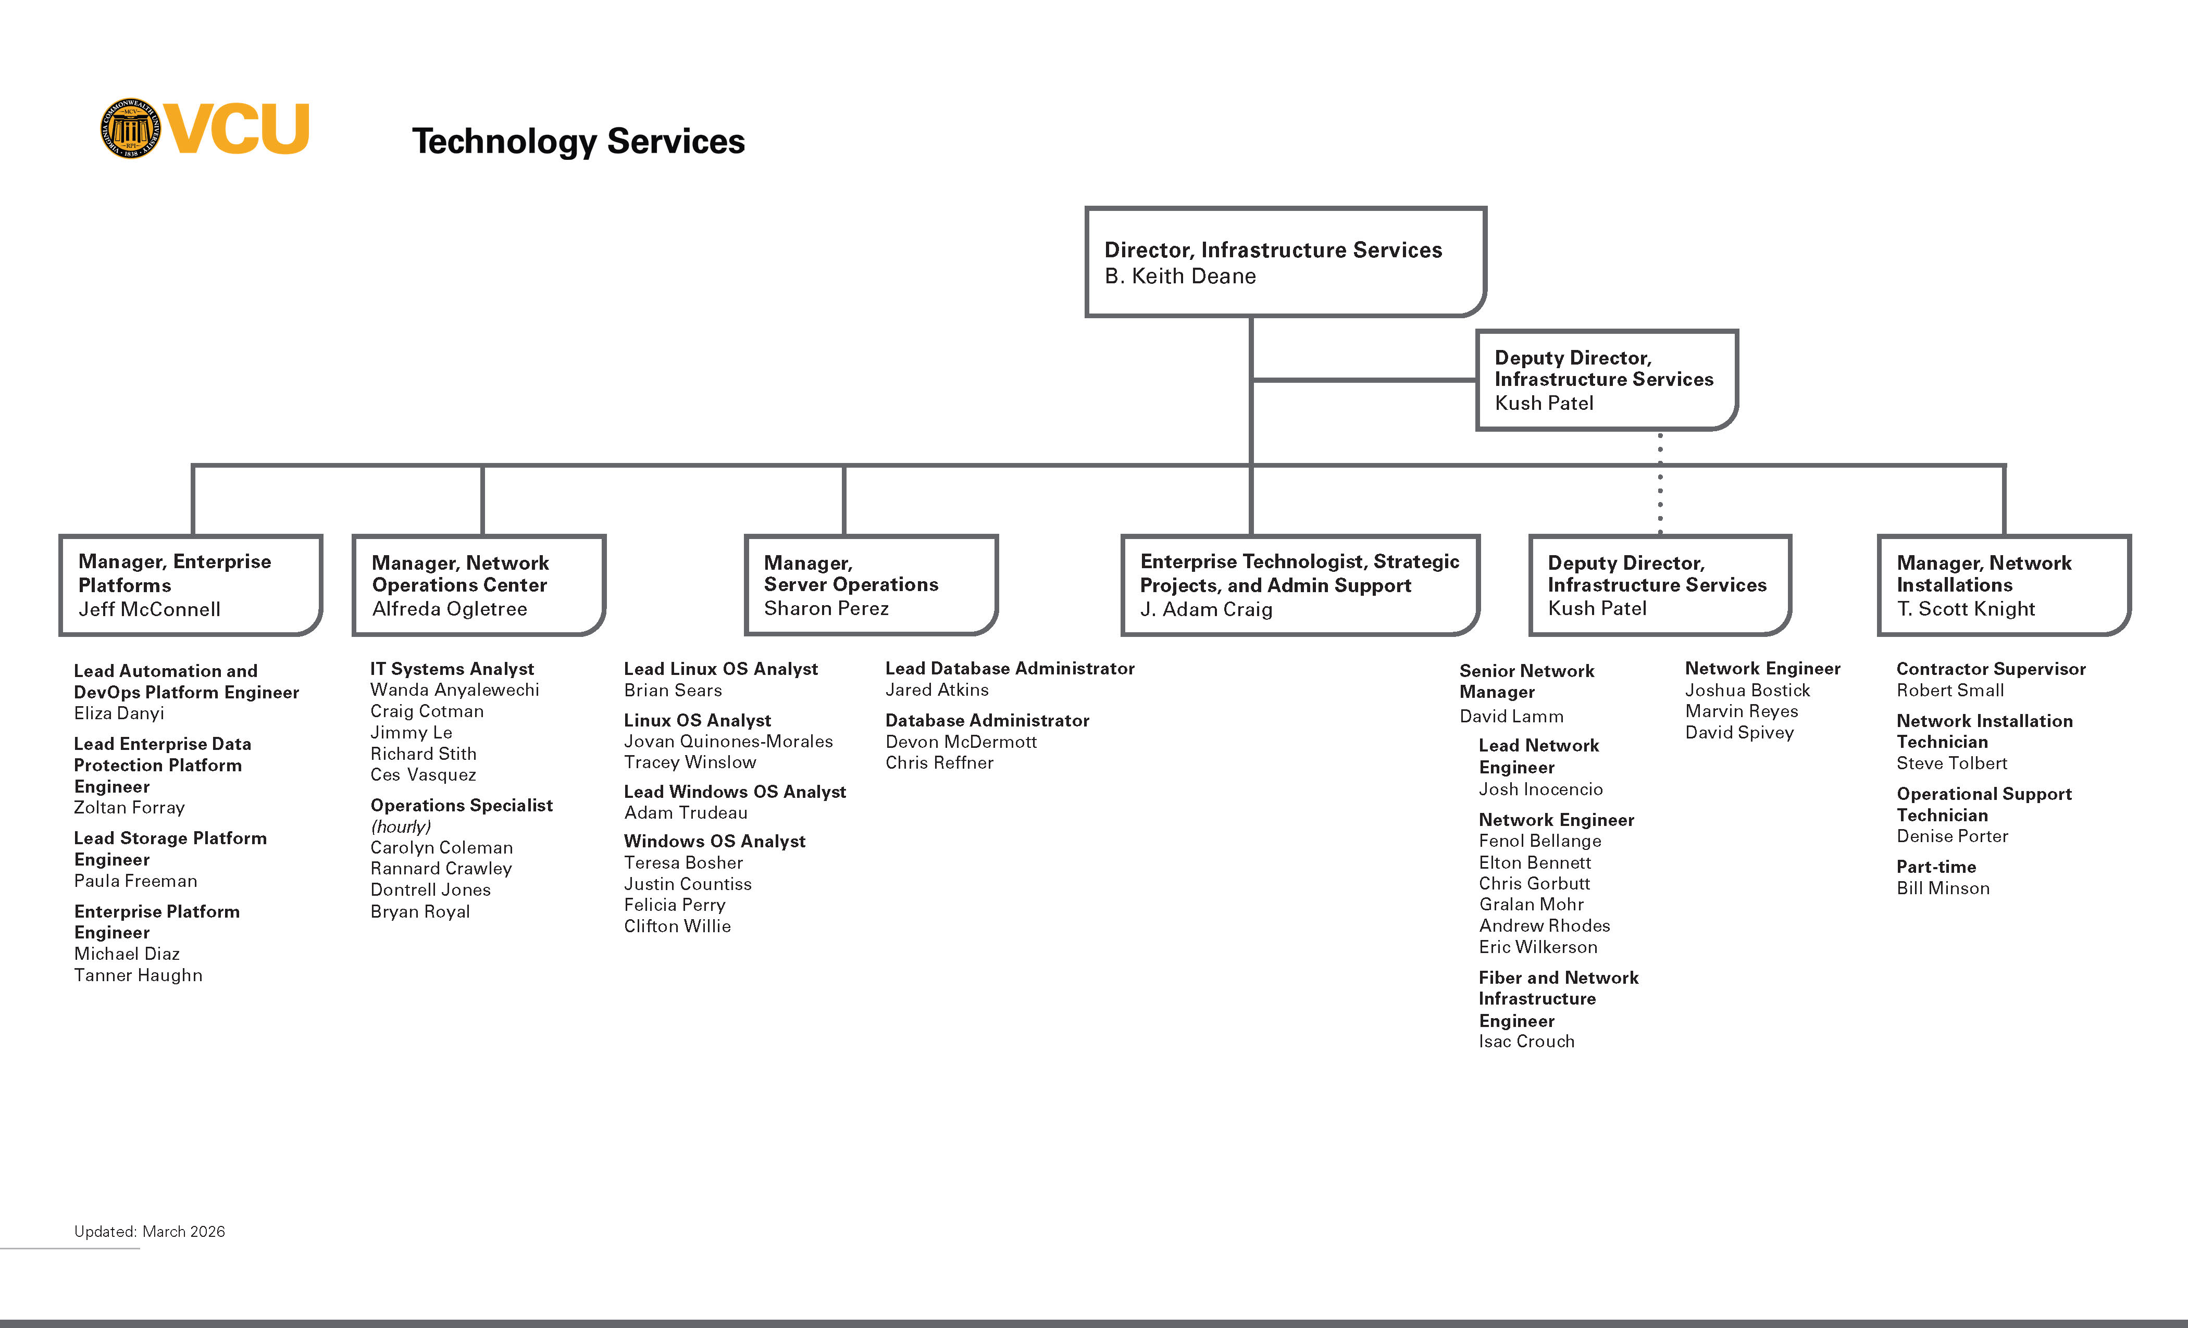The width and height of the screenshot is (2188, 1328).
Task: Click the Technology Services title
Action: coord(578,141)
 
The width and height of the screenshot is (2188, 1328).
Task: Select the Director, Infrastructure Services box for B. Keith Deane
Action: coord(1285,262)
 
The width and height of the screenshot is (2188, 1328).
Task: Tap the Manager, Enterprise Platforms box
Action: coord(190,585)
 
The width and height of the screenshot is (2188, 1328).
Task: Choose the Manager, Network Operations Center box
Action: coord(479,585)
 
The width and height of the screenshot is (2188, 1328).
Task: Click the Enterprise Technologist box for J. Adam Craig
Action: coord(1300,585)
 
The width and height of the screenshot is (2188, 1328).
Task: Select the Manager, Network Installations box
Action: coord(2003,585)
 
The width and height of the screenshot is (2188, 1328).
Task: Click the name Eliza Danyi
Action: coord(119,713)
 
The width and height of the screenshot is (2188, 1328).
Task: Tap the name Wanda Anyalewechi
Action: coord(455,690)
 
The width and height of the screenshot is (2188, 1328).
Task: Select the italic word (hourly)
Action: coord(401,826)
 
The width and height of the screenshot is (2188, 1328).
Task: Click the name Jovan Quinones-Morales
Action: coord(728,741)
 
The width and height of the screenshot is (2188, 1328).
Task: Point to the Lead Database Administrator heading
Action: coord(1010,669)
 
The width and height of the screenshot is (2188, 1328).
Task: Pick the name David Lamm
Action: coord(1511,717)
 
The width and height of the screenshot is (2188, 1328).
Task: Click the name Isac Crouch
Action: coord(1526,1041)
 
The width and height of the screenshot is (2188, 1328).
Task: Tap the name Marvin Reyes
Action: coord(1742,711)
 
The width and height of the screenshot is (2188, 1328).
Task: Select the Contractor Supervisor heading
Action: coord(1991,669)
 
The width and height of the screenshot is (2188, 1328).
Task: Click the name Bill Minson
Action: coord(1943,888)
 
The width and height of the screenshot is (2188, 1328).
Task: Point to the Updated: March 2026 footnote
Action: coord(149,1231)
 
